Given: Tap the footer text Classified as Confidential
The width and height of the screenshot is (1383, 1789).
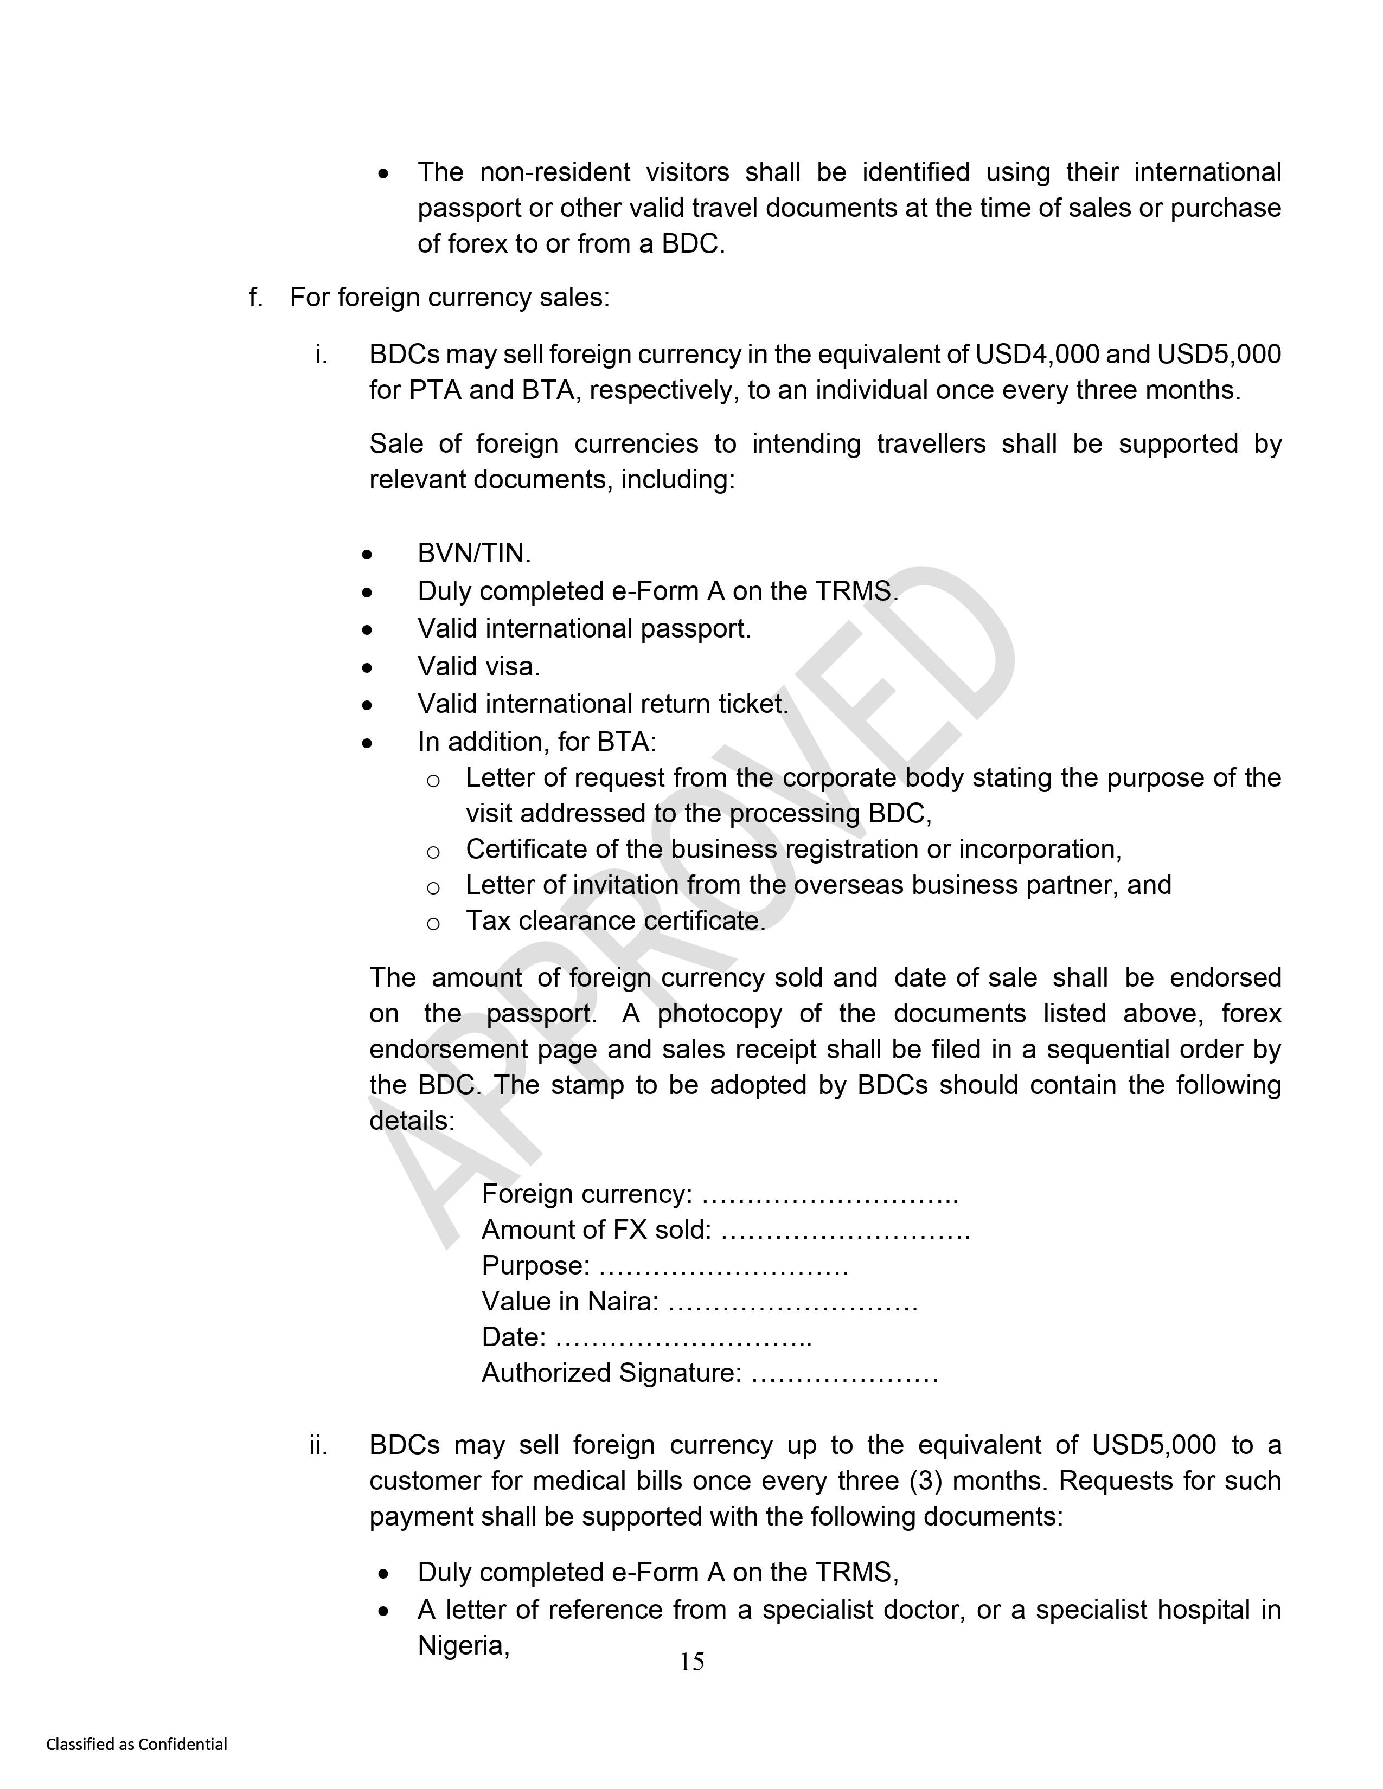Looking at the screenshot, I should pyautogui.click(x=137, y=1744).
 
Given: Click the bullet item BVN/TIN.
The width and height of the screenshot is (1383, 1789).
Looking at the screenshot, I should pyautogui.click(x=473, y=554).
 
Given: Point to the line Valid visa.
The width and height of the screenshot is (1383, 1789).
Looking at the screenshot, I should pyautogui.click(x=478, y=667).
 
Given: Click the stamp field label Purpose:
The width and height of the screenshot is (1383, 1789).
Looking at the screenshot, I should pyautogui.click(x=535, y=1265).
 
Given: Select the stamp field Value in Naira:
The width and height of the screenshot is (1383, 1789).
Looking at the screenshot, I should pyautogui.click(x=569, y=1302).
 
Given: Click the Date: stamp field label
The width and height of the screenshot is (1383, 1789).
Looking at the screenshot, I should pyautogui.click(x=514, y=1337).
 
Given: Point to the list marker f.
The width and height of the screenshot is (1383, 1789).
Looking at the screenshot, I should pyautogui.click(x=255, y=297).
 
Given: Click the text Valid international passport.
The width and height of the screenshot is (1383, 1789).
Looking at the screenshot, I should pyautogui.click(x=584, y=629).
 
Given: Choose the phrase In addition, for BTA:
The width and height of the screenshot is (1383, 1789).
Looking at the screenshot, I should pyautogui.click(x=536, y=742).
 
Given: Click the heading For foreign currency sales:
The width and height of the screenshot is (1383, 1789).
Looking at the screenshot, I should pyautogui.click(x=450, y=297).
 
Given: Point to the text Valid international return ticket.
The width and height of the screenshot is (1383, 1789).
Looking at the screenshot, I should pyautogui.click(x=602, y=704).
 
